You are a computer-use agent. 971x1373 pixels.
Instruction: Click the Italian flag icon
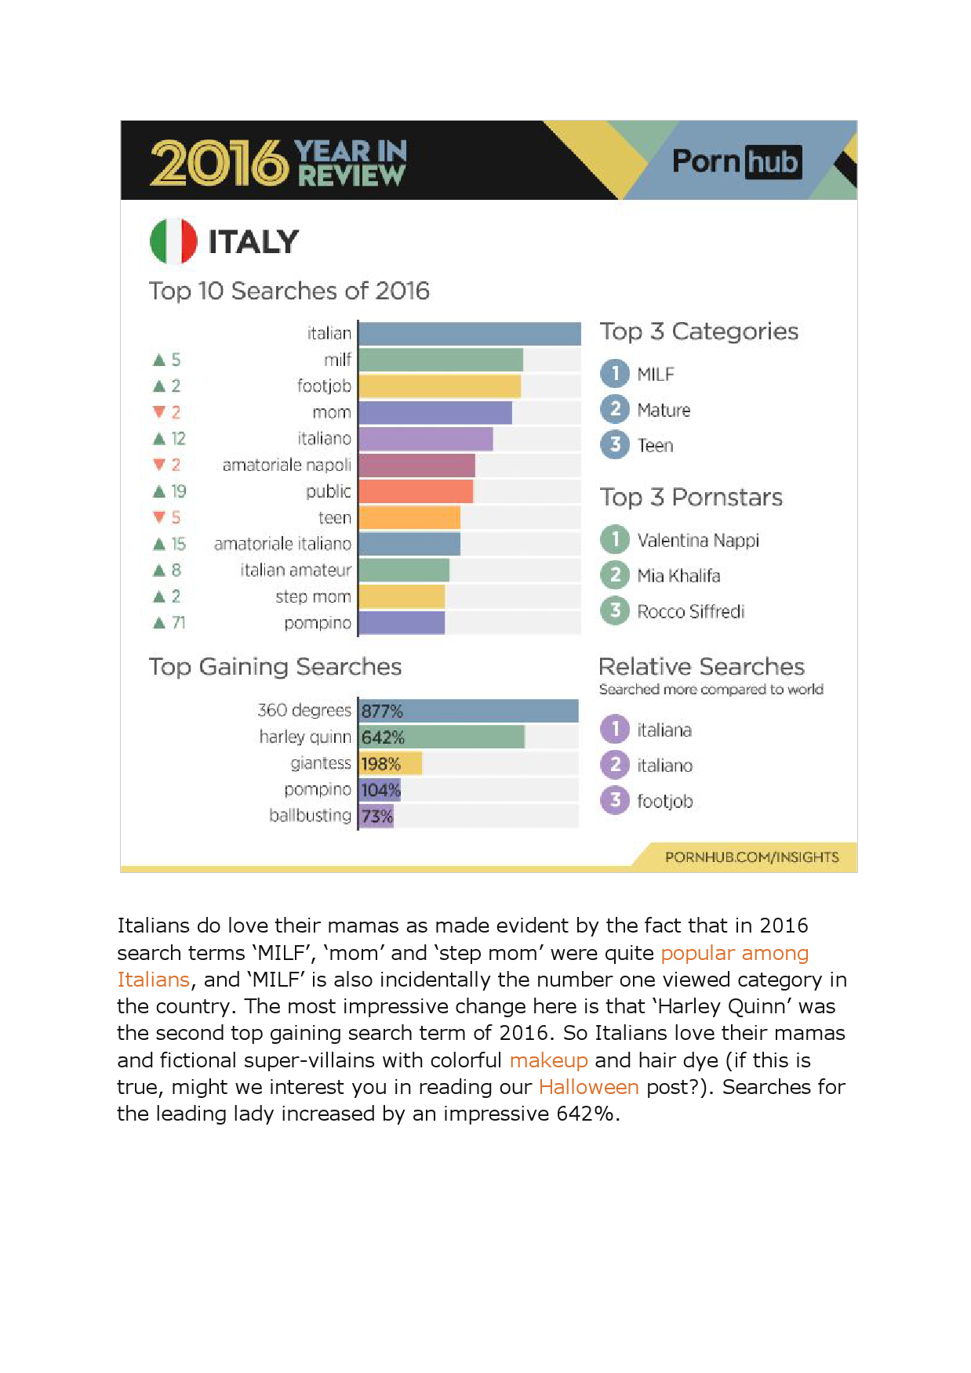(173, 241)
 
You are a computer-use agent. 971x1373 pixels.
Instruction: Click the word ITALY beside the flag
(253, 242)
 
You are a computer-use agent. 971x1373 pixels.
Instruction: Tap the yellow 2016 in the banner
(219, 162)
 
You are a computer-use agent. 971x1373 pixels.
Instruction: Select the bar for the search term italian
(469, 334)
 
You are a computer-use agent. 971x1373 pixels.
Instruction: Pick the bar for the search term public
(416, 491)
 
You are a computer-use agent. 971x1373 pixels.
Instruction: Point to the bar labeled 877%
(468, 711)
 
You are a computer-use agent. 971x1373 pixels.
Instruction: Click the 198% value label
(380, 764)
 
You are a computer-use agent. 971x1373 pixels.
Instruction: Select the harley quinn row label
(305, 737)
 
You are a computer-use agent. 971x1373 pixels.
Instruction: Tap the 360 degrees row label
(304, 711)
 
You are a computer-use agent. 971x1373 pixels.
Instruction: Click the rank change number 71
(179, 623)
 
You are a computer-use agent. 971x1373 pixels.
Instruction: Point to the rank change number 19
(179, 491)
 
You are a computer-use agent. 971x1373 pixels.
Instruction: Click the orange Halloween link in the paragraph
(588, 1087)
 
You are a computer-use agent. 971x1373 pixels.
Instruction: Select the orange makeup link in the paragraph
(548, 1060)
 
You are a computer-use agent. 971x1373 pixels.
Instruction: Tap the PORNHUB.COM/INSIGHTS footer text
(751, 857)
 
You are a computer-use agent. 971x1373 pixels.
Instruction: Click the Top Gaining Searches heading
(275, 667)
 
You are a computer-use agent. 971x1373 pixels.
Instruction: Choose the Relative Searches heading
(701, 667)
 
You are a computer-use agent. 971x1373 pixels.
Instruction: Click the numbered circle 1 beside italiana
(615, 730)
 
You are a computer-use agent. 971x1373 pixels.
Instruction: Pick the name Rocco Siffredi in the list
(690, 611)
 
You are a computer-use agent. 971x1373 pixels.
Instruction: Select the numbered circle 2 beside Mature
(615, 409)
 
